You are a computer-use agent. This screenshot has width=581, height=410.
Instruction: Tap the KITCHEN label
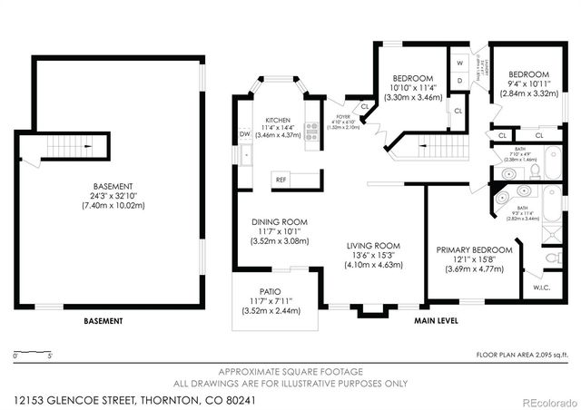pos(278,120)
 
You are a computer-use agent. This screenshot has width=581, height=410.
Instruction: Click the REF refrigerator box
pos(281,180)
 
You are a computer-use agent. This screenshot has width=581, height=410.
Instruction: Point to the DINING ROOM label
pos(279,221)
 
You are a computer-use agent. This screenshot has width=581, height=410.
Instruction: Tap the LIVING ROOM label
pos(374,244)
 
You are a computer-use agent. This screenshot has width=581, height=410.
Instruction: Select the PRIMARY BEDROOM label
pos(474,249)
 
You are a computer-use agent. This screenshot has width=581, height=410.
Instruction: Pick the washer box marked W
pos(460,63)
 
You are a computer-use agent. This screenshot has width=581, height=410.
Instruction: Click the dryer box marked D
pos(460,80)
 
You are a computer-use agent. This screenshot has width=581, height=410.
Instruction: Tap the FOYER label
pos(343,116)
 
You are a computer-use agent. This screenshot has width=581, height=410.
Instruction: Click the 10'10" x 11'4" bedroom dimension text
pos(413,89)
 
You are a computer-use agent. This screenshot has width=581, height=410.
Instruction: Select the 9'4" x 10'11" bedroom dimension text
pos(528,83)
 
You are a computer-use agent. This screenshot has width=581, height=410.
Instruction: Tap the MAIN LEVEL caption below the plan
pos(436,320)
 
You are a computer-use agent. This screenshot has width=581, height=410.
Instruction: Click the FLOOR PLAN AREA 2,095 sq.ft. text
pos(522,355)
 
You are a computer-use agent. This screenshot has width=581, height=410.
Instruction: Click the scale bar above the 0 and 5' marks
pos(32,349)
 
